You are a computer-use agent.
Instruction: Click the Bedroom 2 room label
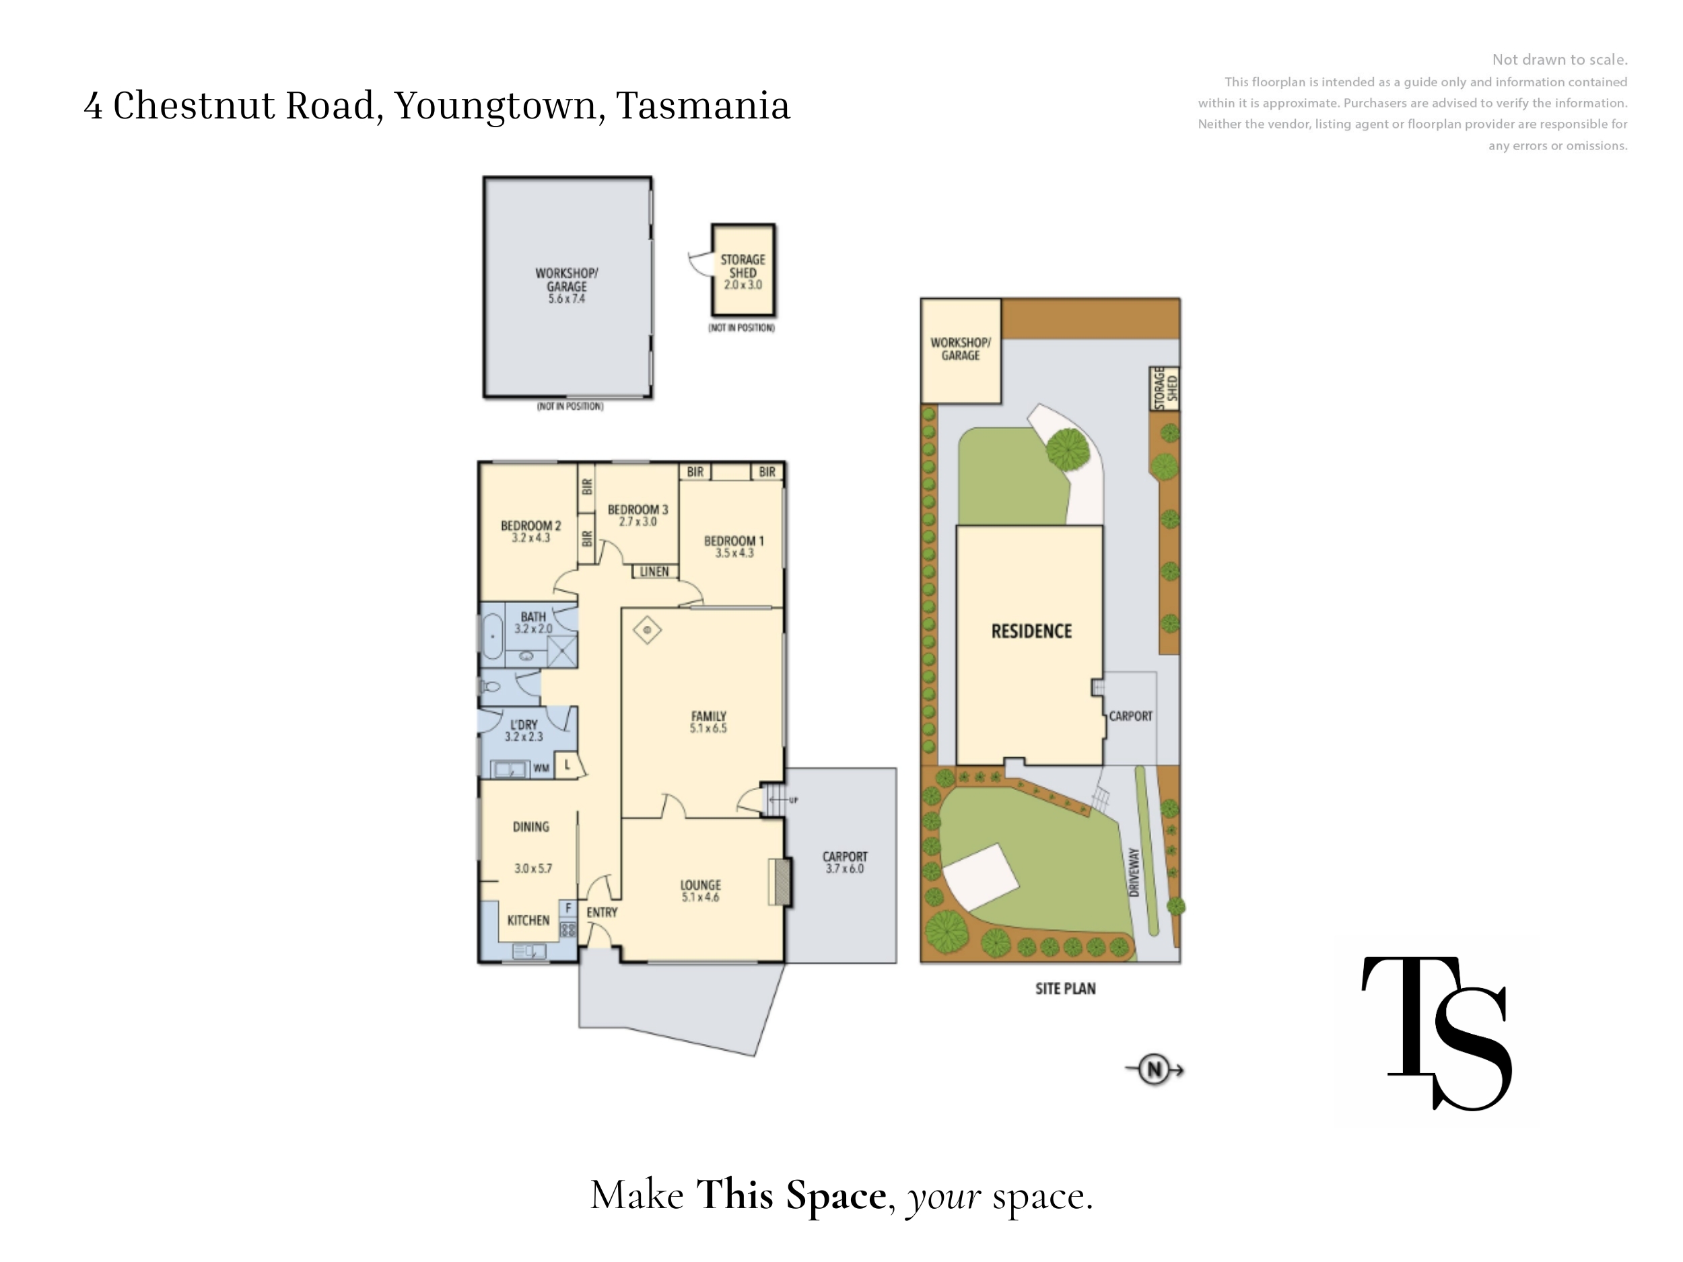(x=530, y=526)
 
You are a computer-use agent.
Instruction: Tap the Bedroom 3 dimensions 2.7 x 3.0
(x=638, y=522)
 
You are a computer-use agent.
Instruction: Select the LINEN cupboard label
(x=654, y=571)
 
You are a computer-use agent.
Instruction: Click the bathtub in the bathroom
(x=491, y=635)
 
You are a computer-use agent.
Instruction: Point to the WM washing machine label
(x=541, y=769)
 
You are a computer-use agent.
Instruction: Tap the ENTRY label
(x=602, y=912)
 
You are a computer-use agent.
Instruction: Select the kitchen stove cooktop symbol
(x=568, y=929)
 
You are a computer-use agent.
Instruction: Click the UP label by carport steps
(x=794, y=800)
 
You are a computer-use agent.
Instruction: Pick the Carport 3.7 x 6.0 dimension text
(x=845, y=869)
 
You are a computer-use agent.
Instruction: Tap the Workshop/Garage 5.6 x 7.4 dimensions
(x=567, y=299)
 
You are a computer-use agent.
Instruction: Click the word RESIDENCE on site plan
(x=1031, y=631)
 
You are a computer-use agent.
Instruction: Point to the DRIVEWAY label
(x=1134, y=872)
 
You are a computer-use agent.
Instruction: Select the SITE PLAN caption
(x=1065, y=989)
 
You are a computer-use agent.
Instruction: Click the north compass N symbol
(x=1155, y=1070)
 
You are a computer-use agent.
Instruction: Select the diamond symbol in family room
(x=647, y=630)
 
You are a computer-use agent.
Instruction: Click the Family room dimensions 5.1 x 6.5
(x=708, y=728)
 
